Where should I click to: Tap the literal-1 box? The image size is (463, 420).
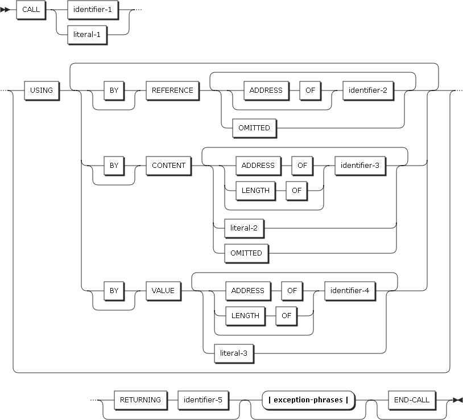pyautogui.click(x=88, y=35)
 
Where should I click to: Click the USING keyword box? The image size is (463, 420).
pyautogui.click(x=42, y=90)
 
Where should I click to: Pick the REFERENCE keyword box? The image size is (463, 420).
pyautogui.click(x=172, y=90)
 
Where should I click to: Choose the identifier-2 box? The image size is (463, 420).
pyautogui.click(x=368, y=90)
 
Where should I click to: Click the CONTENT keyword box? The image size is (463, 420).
pyautogui.click(x=168, y=166)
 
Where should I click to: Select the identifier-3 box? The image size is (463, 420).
pyautogui.click(x=359, y=166)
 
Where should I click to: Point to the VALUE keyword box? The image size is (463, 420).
pyautogui.click(x=162, y=290)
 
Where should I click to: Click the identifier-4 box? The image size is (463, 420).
pyautogui.click(x=350, y=290)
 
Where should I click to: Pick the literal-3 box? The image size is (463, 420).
pyautogui.click(x=233, y=353)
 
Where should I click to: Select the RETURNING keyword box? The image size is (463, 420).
pyautogui.click(x=140, y=400)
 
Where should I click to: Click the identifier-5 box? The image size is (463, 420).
pyautogui.click(x=203, y=400)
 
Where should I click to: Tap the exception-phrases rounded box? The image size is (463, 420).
pyautogui.click(x=308, y=400)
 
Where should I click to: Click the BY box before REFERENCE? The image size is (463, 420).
pyautogui.click(x=114, y=90)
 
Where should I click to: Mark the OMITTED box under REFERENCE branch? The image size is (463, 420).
pyautogui.click(x=254, y=128)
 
